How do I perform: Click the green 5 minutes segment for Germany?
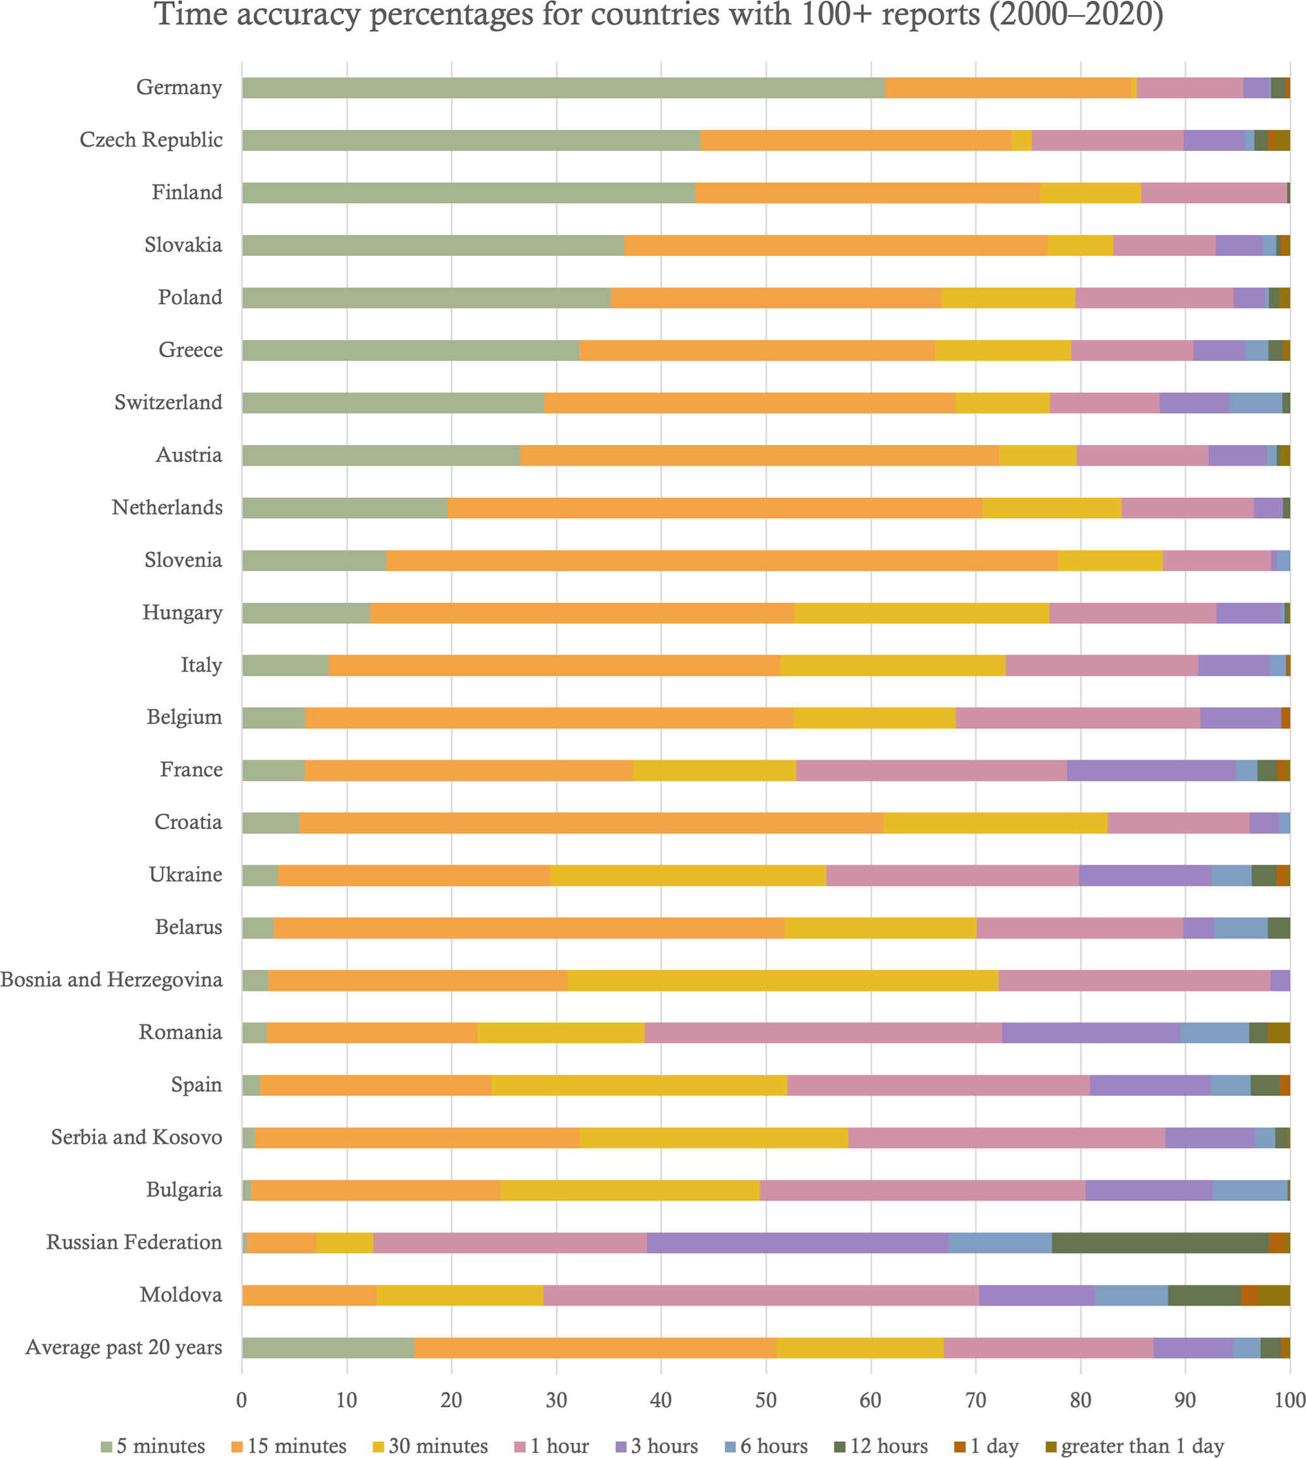tap(564, 88)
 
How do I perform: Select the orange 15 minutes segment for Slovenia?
tap(721, 561)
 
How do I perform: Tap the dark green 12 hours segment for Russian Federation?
tap(1159, 1242)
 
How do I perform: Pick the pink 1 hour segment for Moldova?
tap(761, 1295)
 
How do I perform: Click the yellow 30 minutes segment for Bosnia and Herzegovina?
tap(782, 981)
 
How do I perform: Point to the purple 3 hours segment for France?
tap(1151, 770)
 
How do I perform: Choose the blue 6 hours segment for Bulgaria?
tap(1249, 1190)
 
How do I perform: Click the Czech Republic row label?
tap(150, 140)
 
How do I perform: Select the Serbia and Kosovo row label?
tap(136, 1138)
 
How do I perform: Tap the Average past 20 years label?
tap(123, 1347)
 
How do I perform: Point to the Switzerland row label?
tap(168, 403)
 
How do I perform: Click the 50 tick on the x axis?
tap(766, 1399)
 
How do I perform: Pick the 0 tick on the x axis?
tap(242, 1399)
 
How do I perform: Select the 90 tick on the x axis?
tap(1185, 1399)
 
